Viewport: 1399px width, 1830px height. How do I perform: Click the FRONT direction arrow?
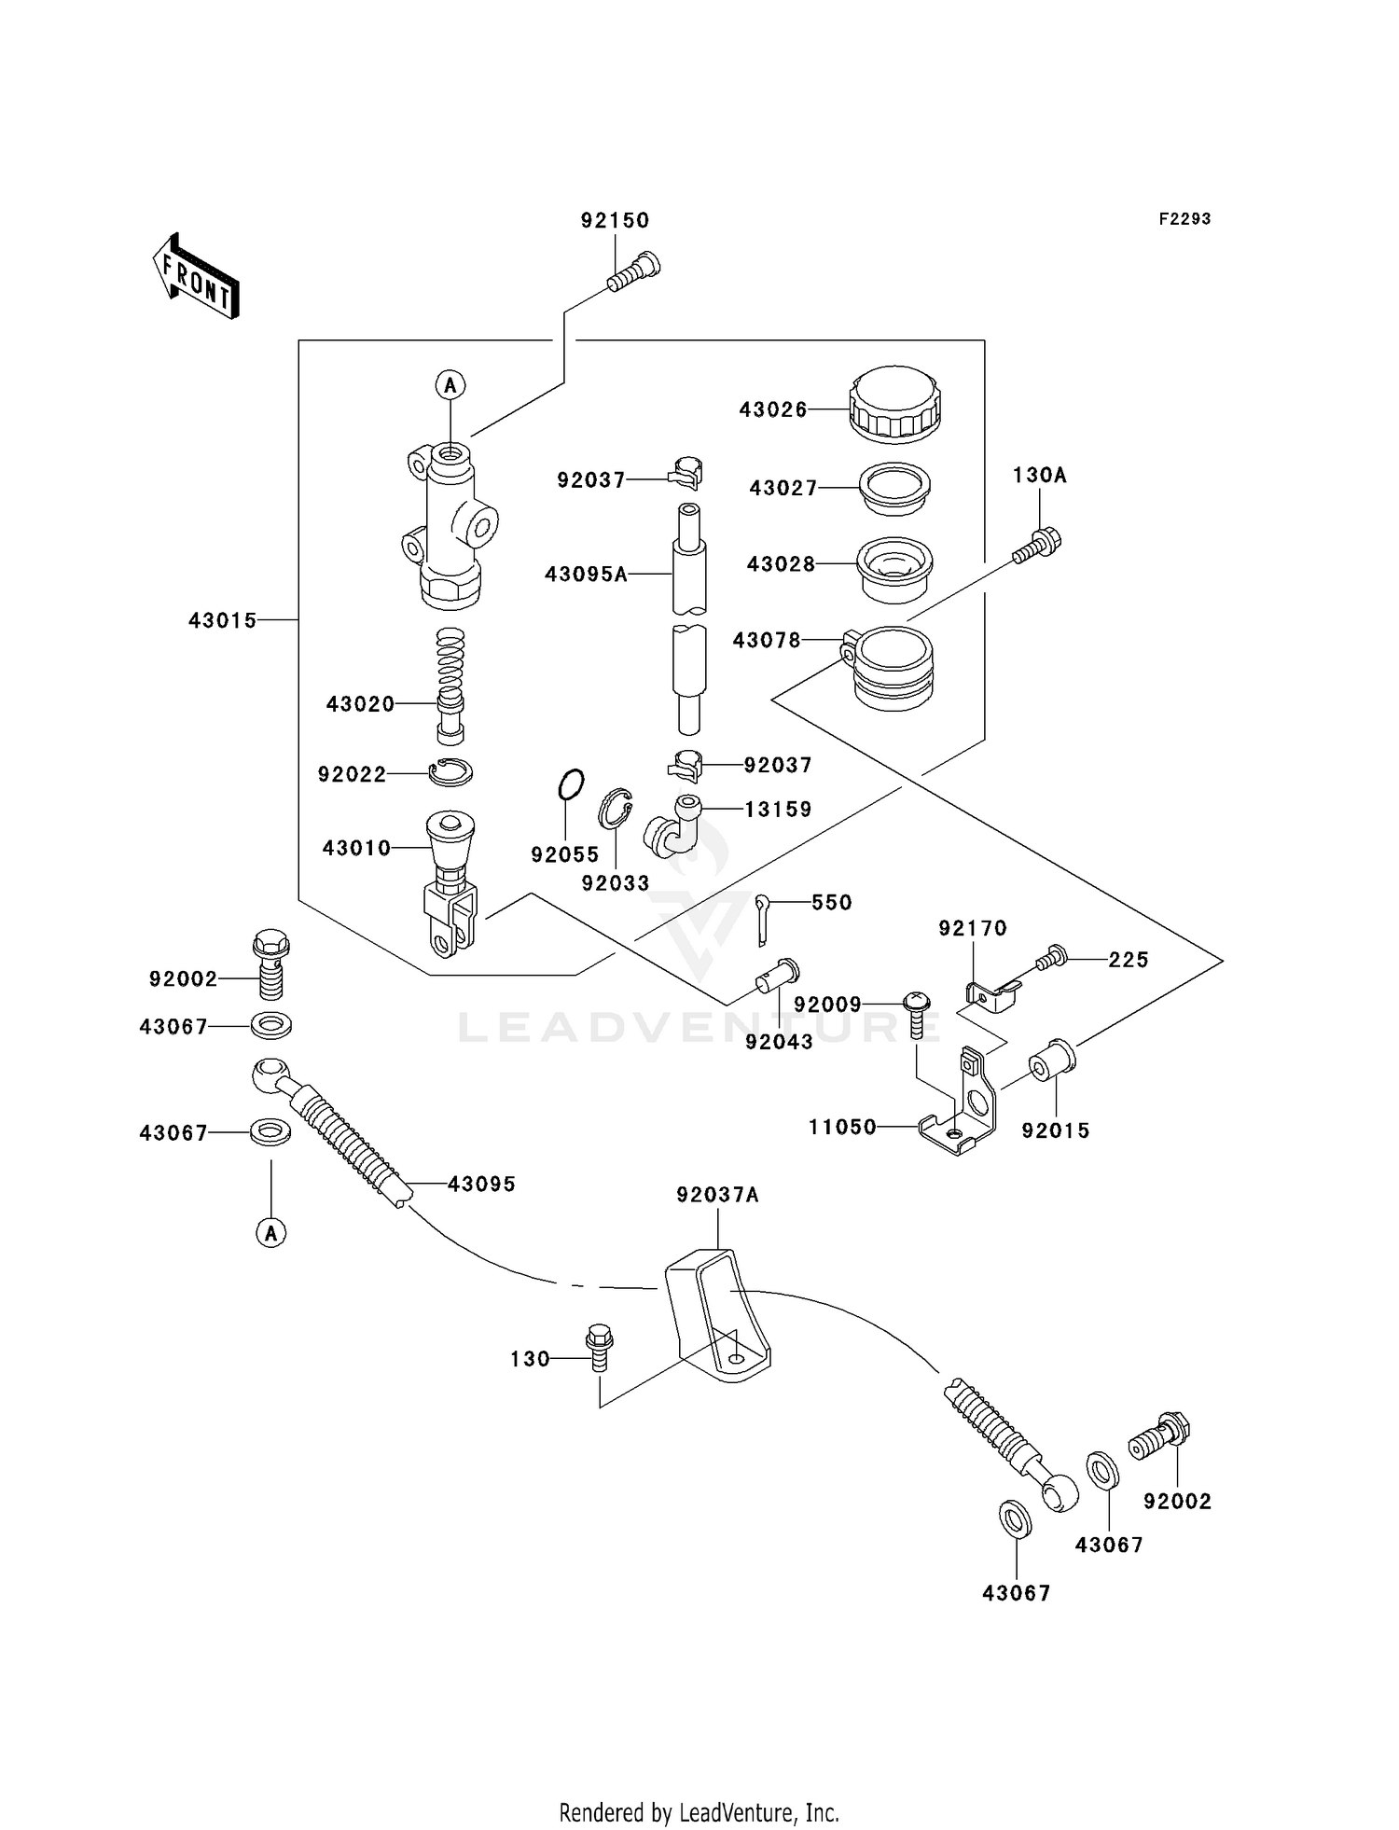(x=196, y=277)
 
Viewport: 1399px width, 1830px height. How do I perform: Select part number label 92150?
(x=615, y=221)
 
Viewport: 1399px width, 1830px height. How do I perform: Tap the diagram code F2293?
(x=1184, y=219)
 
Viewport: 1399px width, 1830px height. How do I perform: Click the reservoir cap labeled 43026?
(x=894, y=404)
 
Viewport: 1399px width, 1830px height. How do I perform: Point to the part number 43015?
(x=222, y=621)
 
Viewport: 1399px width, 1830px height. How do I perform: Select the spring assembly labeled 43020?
(x=450, y=686)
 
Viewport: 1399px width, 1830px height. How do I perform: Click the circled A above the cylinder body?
(x=450, y=384)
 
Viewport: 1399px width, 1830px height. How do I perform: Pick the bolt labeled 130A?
(x=1038, y=546)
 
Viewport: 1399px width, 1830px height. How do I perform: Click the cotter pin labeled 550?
(x=763, y=917)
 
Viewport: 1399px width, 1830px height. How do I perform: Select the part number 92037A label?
(x=717, y=1195)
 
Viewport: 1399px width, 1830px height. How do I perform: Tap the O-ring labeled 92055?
(x=571, y=784)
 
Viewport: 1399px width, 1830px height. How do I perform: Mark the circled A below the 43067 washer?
(x=270, y=1233)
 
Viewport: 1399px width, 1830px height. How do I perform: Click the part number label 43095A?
(x=586, y=575)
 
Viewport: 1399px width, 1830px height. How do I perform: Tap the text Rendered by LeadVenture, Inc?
(x=699, y=1813)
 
